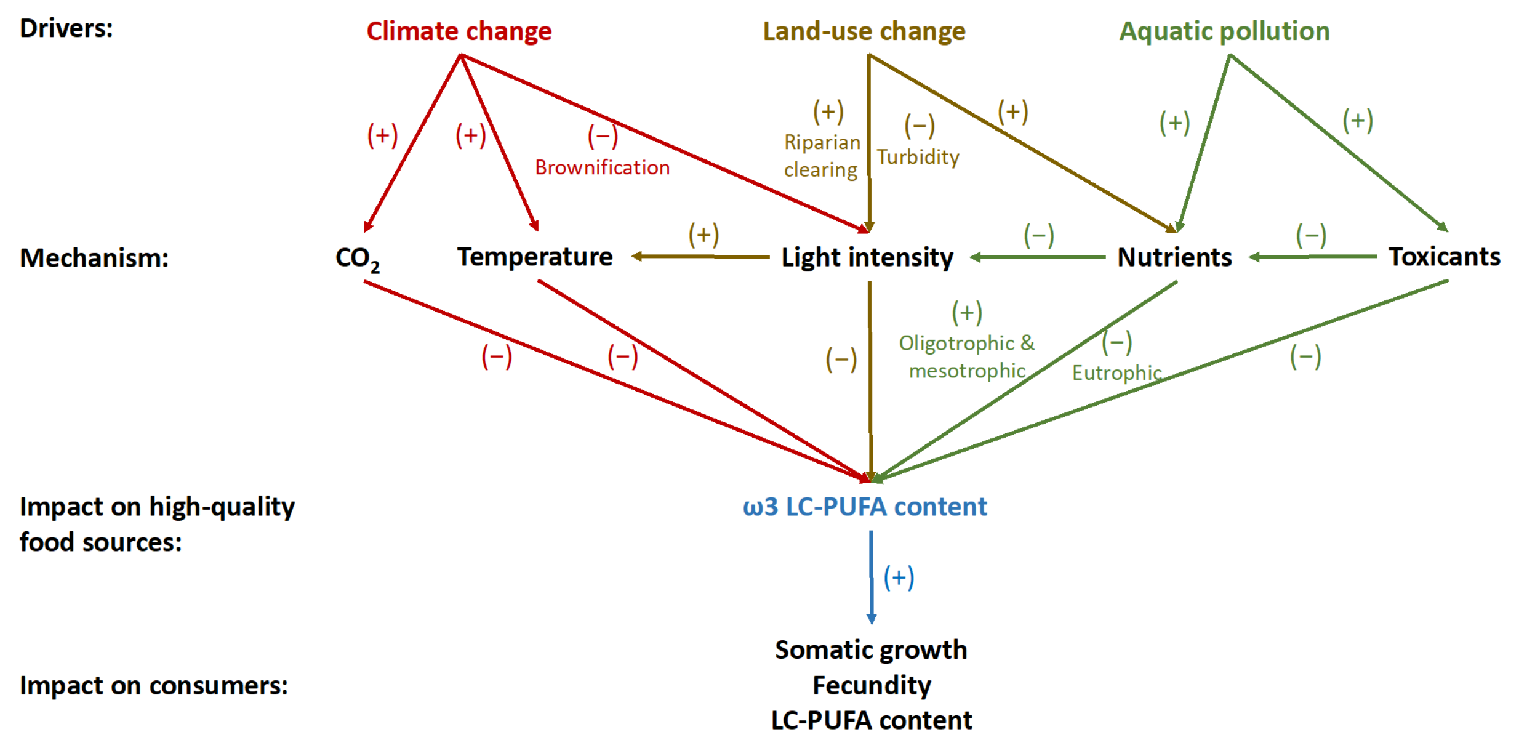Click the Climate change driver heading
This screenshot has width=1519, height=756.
[x=459, y=31]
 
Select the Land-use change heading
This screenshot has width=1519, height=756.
[x=864, y=31]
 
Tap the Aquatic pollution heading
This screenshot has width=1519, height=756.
[x=1224, y=31]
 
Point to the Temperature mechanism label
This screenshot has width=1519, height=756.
[x=534, y=257]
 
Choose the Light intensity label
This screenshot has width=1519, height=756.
[x=867, y=257]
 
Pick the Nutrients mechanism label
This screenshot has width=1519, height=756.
[x=1174, y=257]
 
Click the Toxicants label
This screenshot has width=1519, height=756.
[x=1445, y=257]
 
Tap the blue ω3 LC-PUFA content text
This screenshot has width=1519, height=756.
[x=865, y=507]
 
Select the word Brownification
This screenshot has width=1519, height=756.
[x=602, y=167]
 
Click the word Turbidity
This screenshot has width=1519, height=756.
[x=918, y=157]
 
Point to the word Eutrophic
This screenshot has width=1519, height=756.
[x=1116, y=372]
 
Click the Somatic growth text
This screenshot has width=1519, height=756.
[x=871, y=650]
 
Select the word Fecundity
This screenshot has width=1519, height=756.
[x=872, y=685]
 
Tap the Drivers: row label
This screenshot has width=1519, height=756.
[x=66, y=28]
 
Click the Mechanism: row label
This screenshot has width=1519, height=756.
[x=94, y=258]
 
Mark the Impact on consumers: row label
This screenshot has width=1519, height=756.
[x=154, y=685]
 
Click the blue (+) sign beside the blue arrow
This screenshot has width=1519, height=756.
[x=899, y=577]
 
